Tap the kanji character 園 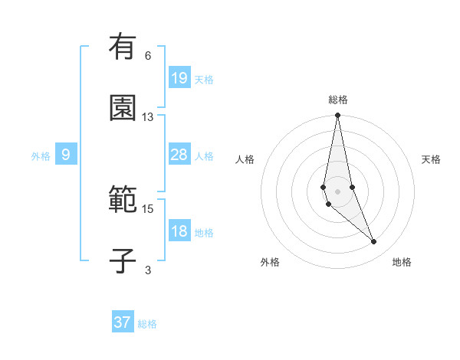[123, 109]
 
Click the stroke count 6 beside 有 [148, 56]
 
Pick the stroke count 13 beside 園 [148, 117]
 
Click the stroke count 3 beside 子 [148, 270]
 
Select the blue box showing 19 [179, 78]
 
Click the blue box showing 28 [179, 155]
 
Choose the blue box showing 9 [66, 155]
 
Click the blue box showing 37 [123, 322]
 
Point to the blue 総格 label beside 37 [147, 324]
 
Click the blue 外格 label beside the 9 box [41, 156]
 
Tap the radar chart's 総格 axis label [338, 100]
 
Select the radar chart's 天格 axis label [432, 159]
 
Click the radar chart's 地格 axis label [402, 263]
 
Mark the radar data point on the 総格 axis [338, 116]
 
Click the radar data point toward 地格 [374, 242]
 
